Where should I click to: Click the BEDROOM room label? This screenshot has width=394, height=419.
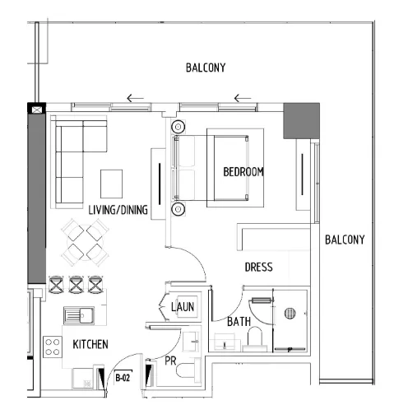click(243, 172)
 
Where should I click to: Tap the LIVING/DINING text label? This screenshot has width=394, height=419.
click(118, 210)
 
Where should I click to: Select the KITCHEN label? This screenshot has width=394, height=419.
click(90, 343)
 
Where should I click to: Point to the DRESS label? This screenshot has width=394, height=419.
click(258, 268)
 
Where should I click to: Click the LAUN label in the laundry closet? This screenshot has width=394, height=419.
click(182, 307)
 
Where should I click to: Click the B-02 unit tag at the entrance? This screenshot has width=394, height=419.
click(123, 378)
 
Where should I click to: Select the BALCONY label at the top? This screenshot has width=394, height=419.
click(205, 68)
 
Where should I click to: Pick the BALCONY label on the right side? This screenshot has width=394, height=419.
click(344, 240)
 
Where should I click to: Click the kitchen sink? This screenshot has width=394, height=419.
click(81, 314)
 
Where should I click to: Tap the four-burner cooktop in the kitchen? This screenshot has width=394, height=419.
click(53, 345)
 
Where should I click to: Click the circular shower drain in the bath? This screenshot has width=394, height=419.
click(289, 313)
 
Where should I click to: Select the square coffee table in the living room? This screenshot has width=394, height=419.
click(111, 180)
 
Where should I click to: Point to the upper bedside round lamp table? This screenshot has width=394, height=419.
click(178, 128)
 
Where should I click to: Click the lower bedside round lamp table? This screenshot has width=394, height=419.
click(178, 210)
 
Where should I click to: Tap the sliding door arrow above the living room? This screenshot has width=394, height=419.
click(135, 100)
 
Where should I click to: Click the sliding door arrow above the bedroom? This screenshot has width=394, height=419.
click(242, 100)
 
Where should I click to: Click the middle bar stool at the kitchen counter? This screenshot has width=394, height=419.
click(76, 284)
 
